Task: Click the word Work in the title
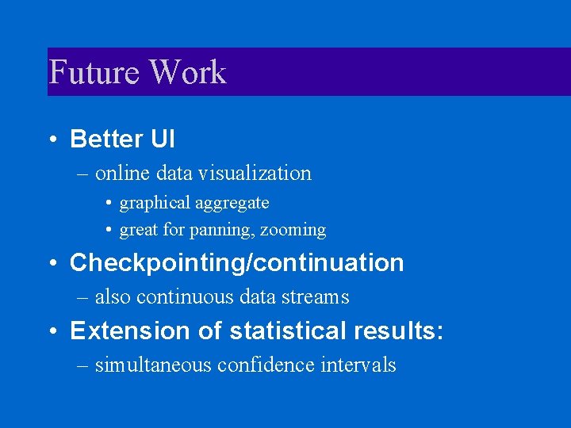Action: pyautogui.click(x=188, y=72)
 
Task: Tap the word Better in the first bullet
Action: pyautogui.click(x=105, y=139)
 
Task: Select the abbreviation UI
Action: pyautogui.click(x=162, y=139)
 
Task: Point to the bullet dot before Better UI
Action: pyautogui.click(x=52, y=139)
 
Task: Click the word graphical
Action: pyautogui.click(x=155, y=204)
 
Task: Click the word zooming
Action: pyautogui.click(x=294, y=231)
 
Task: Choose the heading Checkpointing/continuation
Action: pyautogui.click(x=236, y=263)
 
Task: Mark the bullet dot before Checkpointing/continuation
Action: pyautogui.click(x=52, y=263)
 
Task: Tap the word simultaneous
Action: pyautogui.click(x=149, y=365)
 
